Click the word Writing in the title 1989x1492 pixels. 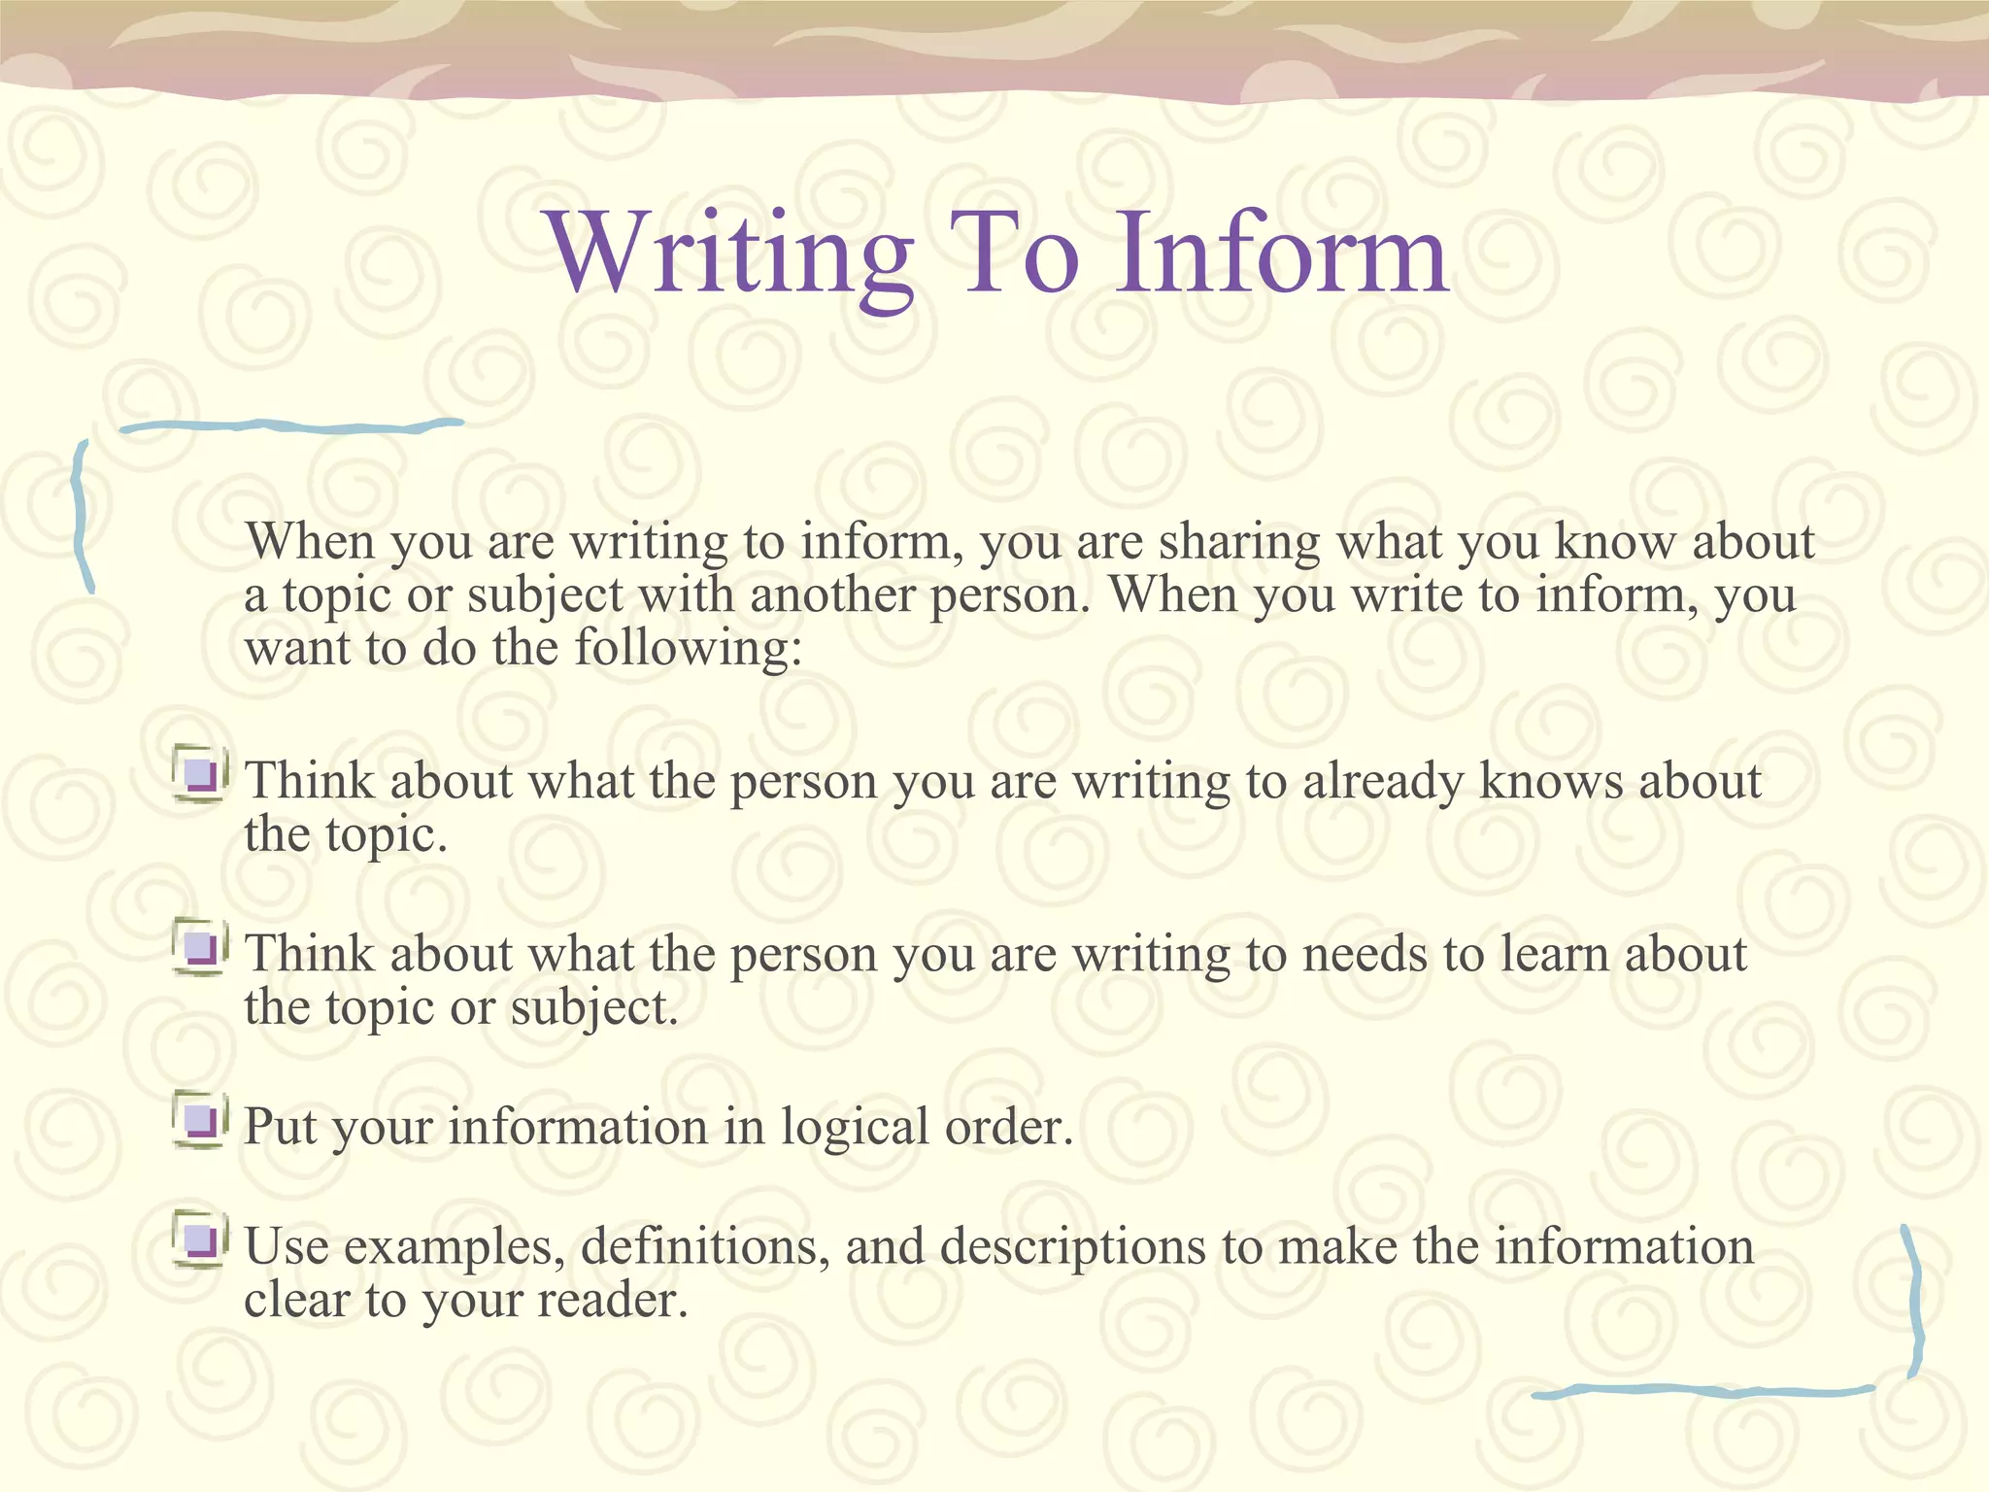click(x=730, y=254)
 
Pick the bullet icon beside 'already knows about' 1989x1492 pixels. click(x=201, y=774)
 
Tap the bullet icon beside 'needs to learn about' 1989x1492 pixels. click(x=201, y=947)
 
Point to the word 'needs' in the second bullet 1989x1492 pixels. click(x=1364, y=954)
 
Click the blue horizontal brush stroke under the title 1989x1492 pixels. click(x=291, y=425)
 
